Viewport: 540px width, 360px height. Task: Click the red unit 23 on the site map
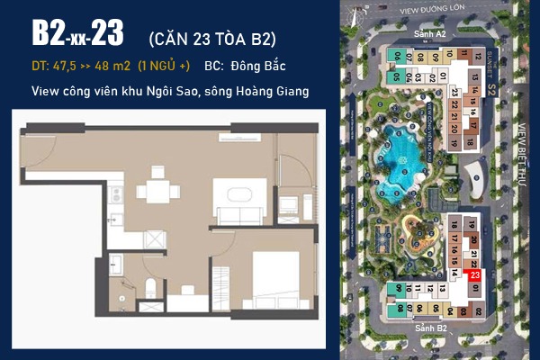[475, 276]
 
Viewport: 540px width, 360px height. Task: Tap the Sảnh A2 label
[429, 33]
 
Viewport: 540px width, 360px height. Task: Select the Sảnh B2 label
[430, 330]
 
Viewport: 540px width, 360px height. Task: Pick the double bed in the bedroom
[278, 271]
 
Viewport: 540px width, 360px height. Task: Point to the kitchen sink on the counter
[114, 217]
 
